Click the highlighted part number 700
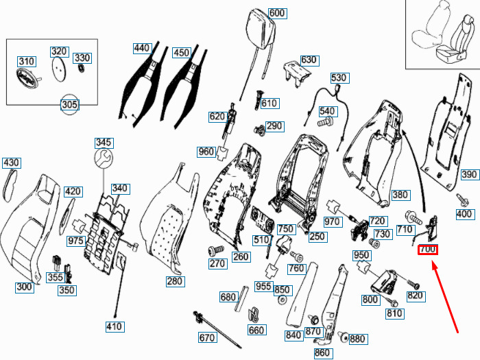(427, 250)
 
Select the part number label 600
(276, 14)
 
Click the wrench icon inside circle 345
(103, 159)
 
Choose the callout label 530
(339, 78)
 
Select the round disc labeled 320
(60, 67)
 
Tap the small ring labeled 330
(82, 69)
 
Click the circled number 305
(70, 105)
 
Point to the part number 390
(469, 175)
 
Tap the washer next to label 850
(283, 300)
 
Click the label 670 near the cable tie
(208, 337)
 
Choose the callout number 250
(317, 237)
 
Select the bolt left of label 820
(413, 283)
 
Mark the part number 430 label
(12, 163)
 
